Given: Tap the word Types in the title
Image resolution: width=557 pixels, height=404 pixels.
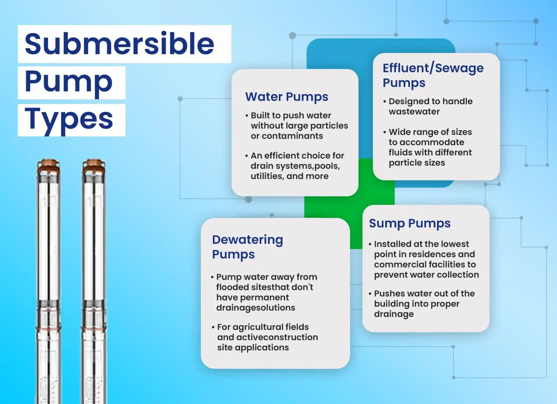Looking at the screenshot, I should (x=69, y=119).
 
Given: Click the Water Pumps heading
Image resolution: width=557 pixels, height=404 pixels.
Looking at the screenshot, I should (x=287, y=97).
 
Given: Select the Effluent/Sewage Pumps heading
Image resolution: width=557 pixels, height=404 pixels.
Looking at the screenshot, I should (x=433, y=75).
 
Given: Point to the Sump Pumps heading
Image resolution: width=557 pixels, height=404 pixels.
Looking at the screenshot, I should (x=410, y=223).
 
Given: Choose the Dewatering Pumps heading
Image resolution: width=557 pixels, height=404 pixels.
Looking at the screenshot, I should (x=247, y=247).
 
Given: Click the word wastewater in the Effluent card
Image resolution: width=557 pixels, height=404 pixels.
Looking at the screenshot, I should (x=414, y=112).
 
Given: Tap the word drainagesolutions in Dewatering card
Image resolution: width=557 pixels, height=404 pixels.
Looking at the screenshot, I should (x=256, y=308).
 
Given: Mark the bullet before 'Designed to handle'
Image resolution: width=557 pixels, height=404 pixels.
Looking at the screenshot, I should (x=385, y=101).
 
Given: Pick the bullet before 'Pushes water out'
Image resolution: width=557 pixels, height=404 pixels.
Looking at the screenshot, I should (x=370, y=294).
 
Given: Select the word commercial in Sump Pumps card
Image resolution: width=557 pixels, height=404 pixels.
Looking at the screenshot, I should (x=401, y=264).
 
